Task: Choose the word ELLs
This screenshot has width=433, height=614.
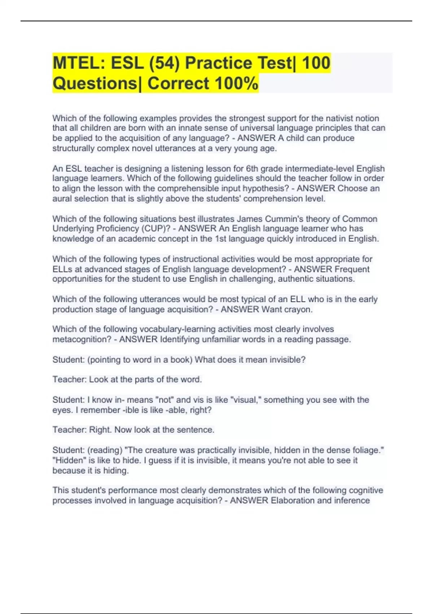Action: (62, 269)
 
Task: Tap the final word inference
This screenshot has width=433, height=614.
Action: (352, 501)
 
